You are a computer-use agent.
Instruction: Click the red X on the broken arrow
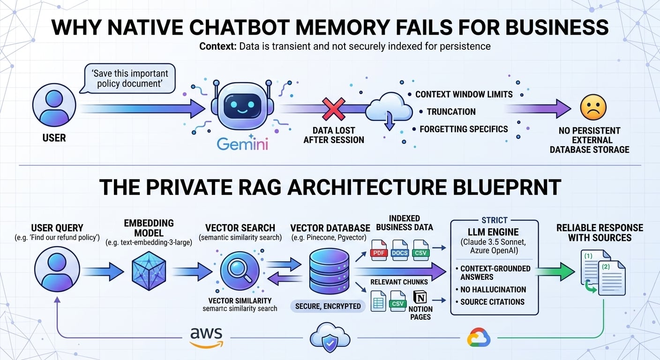tap(334, 109)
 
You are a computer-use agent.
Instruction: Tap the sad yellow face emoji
tap(593, 107)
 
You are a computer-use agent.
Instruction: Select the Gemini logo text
tap(242, 144)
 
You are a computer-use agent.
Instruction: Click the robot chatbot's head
tap(242, 105)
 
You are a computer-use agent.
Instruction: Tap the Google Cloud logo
tap(479, 337)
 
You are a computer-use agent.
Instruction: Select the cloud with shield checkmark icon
tap(330, 337)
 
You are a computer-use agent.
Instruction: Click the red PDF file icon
tap(379, 250)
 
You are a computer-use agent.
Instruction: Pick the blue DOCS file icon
tap(400, 250)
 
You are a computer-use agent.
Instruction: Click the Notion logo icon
tap(420, 297)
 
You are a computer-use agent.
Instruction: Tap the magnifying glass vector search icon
tap(240, 271)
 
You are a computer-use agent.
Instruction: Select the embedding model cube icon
tap(149, 271)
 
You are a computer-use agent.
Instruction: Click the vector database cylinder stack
tap(329, 271)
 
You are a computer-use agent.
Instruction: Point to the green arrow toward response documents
tap(555, 271)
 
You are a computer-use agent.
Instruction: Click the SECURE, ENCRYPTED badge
tap(328, 307)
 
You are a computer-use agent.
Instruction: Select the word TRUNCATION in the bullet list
tap(451, 112)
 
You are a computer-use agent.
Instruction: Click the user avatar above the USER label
tap(54, 105)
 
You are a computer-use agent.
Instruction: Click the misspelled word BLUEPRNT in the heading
tap(507, 187)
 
